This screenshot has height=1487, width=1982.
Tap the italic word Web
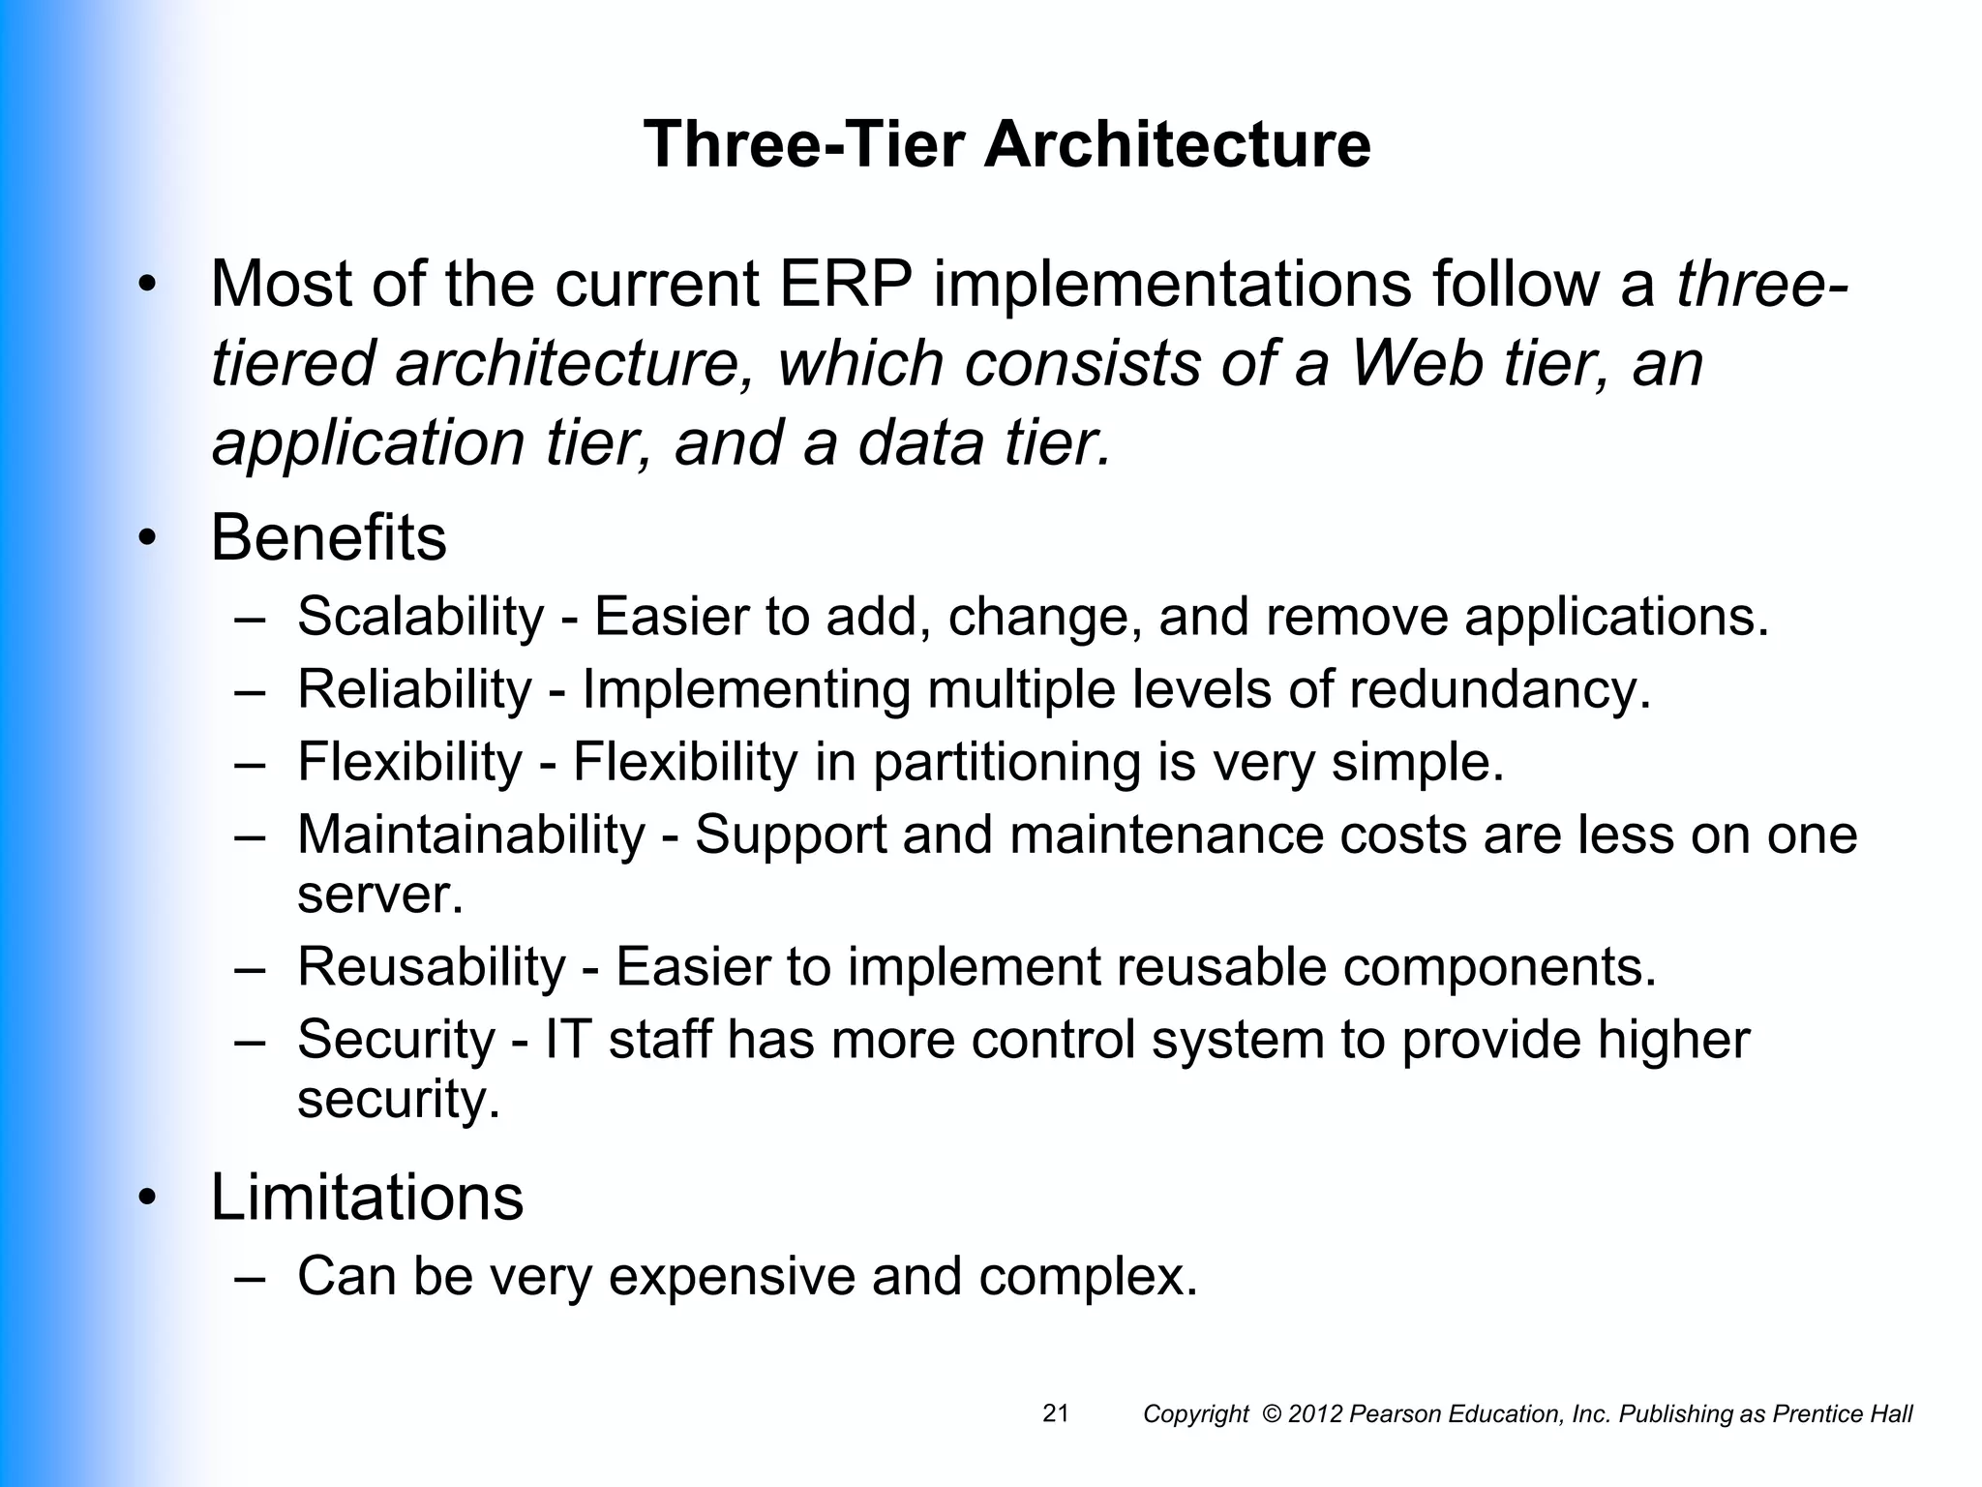pyautogui.click(x=1415, y=364)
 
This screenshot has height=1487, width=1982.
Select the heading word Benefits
pyautogui.click(x=328, y=538)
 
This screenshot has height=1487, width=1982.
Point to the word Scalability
pyautogui.click(x=421, y=617)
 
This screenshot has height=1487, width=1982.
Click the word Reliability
pyautogui.click(x=414, y=689)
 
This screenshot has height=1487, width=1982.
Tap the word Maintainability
pyautogui.click(x=470, y=835)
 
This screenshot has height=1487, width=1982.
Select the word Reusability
pyautogui.click(x=431, y=966)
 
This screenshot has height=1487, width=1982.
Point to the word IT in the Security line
pyautogui.click(x=568, y=1040)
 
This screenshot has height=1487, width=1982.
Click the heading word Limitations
pyautogui.click(x=367, y=1198)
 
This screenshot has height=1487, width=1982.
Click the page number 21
pyautogui.click(x=1056, y=1413)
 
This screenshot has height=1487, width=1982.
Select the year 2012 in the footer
pyautogui.click(x=1316, y=1414)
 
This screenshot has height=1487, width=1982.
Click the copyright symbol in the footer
pyautogui.click(x=1272, y=1414)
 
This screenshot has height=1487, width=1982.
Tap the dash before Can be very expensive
pyautogui.click(x=250, y=1278)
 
